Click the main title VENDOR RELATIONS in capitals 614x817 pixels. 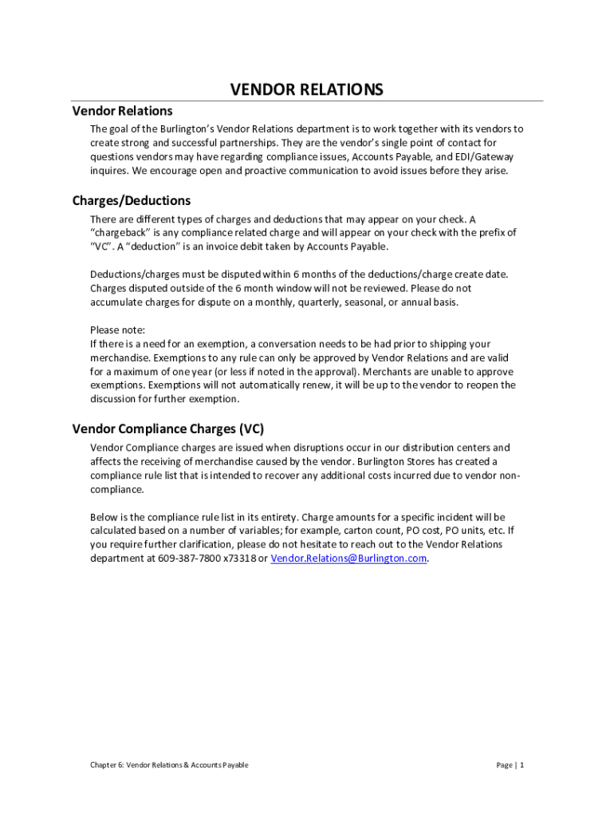(306, 89)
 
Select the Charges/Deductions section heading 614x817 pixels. (132, 200)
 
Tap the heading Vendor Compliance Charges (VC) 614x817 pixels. (168, 428)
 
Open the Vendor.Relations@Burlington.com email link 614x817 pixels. (348, 558)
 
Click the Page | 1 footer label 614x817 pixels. (510, 765)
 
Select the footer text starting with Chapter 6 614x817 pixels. (169, 765)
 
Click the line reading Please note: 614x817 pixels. (117, 330)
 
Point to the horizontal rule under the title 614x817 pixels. (307, 101)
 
